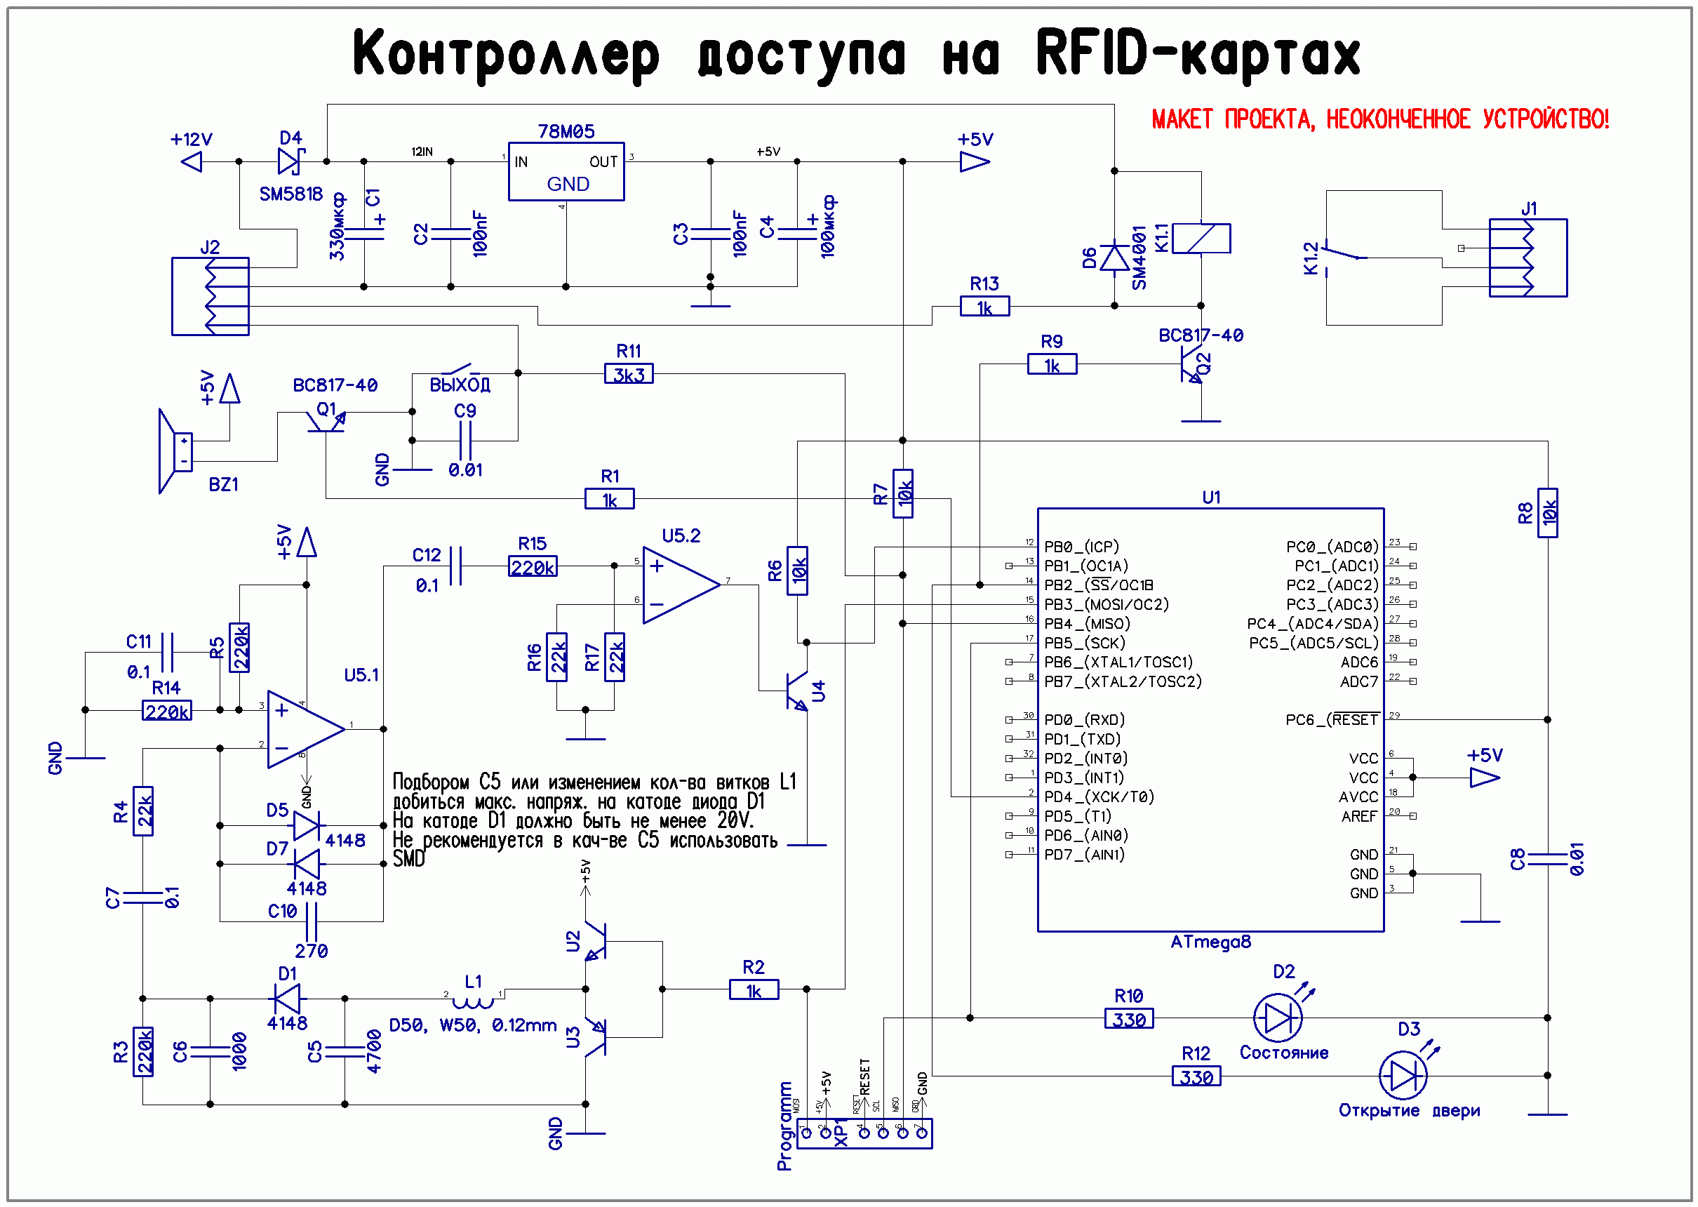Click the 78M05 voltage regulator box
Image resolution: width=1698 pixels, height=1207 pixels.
pos(566,172)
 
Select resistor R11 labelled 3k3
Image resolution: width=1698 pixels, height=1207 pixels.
pos(629,374)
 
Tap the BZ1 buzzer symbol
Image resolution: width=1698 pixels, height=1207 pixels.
pos(175,451)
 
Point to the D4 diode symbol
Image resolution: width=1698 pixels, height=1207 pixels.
pos(289,161)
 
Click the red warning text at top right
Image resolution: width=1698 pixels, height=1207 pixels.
pos(1379,119)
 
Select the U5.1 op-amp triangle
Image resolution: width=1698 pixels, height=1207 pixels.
pos(304,729)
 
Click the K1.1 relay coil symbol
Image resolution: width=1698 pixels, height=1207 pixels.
pos(1201,239)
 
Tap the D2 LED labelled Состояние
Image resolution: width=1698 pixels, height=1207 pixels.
pos(1277,1018)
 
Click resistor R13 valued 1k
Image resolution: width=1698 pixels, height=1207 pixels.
pos(984,306)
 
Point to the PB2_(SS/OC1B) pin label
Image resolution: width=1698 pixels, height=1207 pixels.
pos(1098,585)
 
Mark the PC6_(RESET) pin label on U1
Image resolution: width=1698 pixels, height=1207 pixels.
pos(1332,719)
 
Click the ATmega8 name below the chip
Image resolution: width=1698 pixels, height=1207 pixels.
pos(1210,942)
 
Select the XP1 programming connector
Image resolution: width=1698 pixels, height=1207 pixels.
pos(864,1133)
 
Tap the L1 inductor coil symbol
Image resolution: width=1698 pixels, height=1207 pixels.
pos(474,1002)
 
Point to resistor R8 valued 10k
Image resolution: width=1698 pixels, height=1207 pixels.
pos(1547,513)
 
